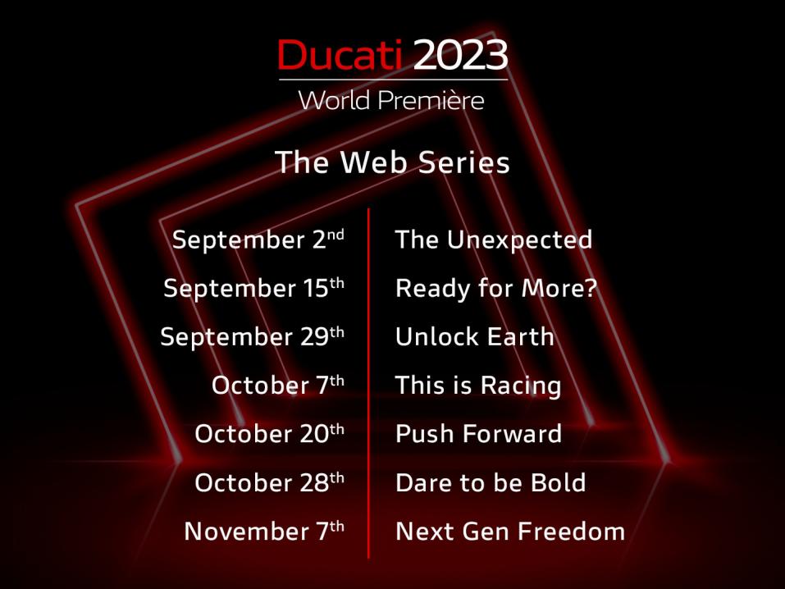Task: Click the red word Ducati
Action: (x=340, y=55)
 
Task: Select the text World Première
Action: (x=391, y=100)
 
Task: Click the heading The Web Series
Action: (x=392, y=162)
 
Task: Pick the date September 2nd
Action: (x=258, y=240)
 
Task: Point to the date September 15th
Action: (x=253, y=288)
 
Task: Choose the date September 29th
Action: (x=253, y=336)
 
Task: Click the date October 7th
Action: (x=278, y=385)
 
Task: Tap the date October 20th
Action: (x=269, y=433)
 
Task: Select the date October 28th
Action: (x=269, y=482)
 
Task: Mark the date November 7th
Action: (x=264, y=531)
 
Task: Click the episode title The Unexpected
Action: (x=494, y=240)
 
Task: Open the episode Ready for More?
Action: (x=496, y=289)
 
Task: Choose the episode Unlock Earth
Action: (x=475, y=336)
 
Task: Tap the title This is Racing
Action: (x=478, y=386)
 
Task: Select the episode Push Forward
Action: (x=478, y=433)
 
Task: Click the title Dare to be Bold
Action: (x=491, y=482)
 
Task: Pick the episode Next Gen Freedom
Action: (x=510, y=531)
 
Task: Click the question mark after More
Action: (x=591, y=287)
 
